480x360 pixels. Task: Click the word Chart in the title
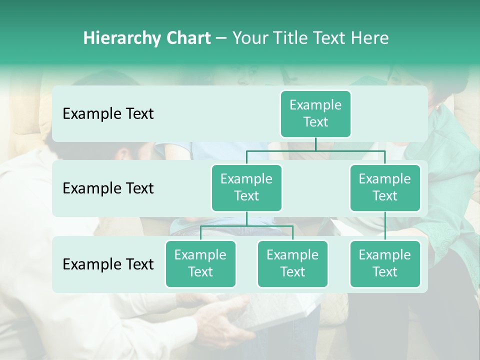(188, 38)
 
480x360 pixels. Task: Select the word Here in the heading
(369, 38)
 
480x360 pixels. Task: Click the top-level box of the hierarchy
(315, 113)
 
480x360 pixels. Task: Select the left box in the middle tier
(246, 187)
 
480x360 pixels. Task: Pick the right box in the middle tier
(385, 187)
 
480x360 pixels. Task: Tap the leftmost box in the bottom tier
(200, 263)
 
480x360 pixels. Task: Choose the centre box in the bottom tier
(292, 263)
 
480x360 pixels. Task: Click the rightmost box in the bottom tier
(385, 263)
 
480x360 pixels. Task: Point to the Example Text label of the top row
(108, 113)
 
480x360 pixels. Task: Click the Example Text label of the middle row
(108, 188)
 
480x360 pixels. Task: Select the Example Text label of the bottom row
(108, 264)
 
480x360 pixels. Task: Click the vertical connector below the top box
(315, 144)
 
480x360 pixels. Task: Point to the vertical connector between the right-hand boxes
(385, 226)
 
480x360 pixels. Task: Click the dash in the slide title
(221, 38)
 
